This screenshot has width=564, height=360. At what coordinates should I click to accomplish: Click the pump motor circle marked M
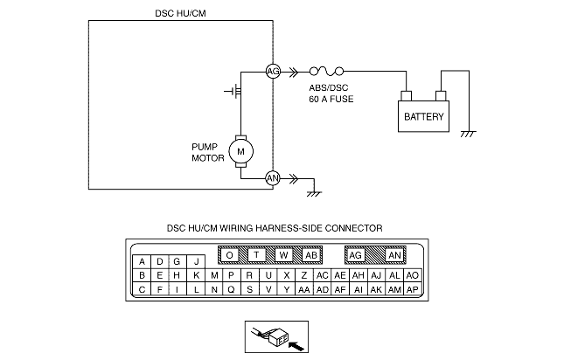[x=240, y=150]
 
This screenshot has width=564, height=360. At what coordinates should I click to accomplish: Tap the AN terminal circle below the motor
[x=272, y=177]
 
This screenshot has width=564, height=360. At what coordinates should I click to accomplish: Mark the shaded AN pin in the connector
[x=394, y=255]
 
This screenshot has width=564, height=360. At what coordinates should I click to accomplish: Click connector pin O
[x=230, y=255]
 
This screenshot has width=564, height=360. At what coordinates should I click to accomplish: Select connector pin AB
[x=310, y=255]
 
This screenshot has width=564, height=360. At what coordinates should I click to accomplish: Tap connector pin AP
[x=414, y=289]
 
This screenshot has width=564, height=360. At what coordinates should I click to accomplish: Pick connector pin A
[x=142, y=261]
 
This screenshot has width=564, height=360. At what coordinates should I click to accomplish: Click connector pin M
[x=214, y=275]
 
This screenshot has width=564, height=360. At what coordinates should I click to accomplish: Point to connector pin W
[x=283, y=255]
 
